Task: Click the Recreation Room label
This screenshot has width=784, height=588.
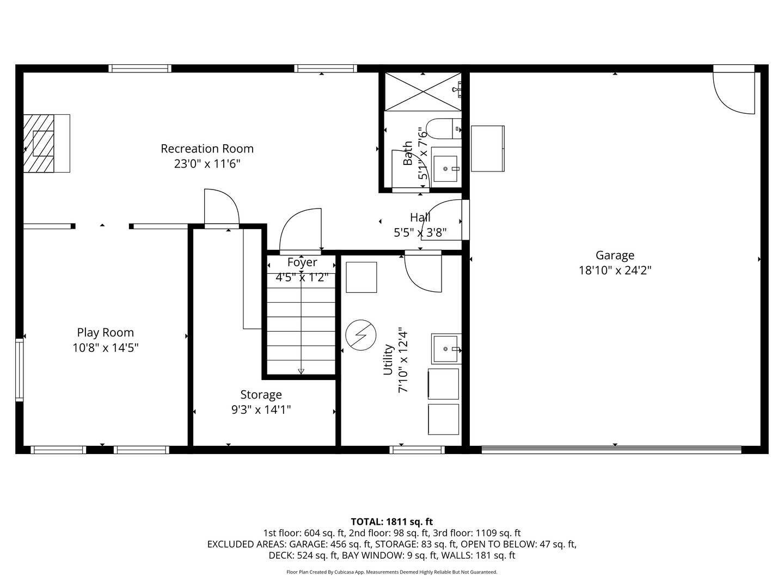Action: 207,149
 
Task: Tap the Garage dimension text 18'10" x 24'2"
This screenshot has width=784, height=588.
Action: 615,270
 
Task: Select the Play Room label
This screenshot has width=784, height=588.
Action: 105,333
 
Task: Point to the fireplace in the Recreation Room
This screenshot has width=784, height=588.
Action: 46,144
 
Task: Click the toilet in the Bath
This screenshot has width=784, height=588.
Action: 442,129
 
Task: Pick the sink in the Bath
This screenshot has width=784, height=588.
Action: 446,168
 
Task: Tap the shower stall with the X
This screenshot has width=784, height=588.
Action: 422,90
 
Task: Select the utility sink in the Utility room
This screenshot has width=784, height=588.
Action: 446,348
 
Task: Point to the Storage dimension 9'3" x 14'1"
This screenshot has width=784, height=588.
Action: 261,409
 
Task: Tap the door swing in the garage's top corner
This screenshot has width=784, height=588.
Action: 735,93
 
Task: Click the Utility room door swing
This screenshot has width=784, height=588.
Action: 422,272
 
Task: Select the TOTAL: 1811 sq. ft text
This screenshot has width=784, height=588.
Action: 391,522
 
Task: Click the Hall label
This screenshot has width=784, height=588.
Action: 420,217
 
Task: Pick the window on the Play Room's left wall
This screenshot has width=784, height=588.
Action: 20,369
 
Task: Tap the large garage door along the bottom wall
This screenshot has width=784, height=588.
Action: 611,450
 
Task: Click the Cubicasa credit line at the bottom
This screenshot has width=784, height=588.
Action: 391,572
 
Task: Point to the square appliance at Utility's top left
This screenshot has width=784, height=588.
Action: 361,277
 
